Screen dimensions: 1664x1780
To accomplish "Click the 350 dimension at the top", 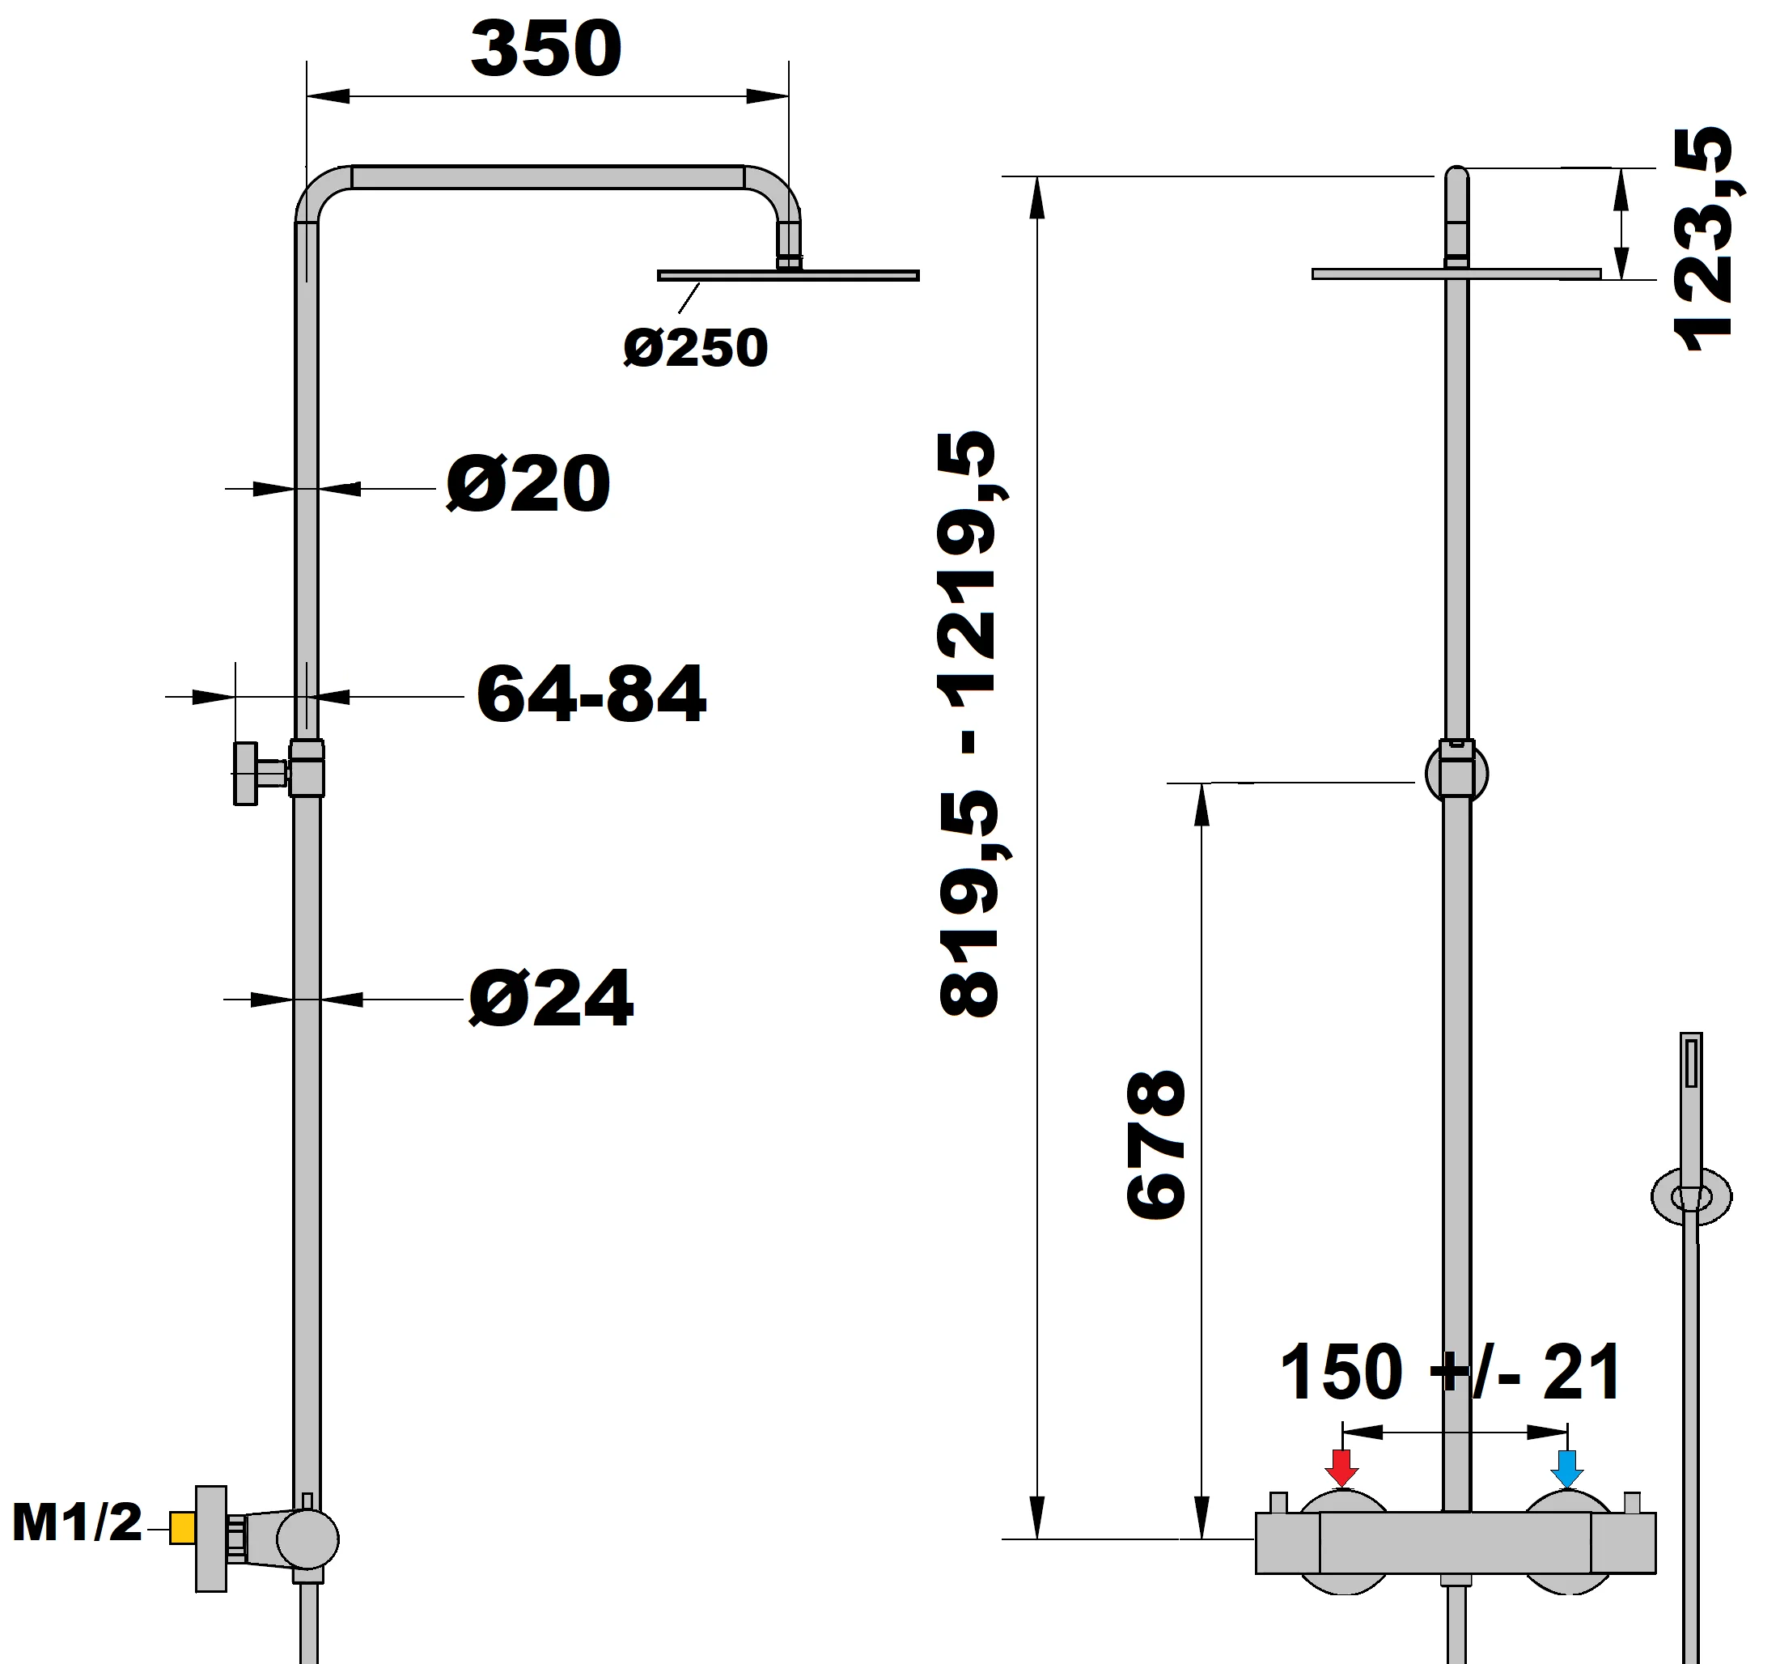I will point(545,49).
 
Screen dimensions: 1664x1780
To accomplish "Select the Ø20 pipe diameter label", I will point(528,485).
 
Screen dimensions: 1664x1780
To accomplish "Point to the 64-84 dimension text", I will point(591,694).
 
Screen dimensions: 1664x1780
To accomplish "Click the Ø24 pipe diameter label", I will point(551,999).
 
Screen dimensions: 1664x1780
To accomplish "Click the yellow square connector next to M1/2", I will point(183,1528).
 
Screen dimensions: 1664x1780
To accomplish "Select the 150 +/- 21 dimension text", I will point(1451,1372).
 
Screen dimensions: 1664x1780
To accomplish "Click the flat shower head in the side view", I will point(788,276).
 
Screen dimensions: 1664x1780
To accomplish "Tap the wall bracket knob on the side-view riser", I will point(246,773).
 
